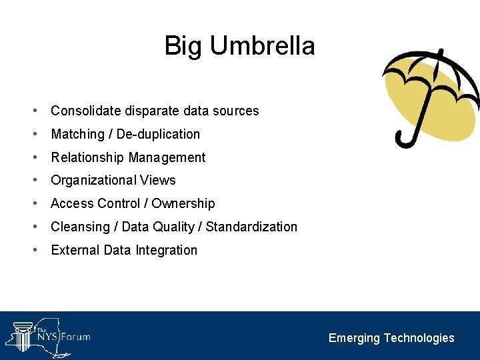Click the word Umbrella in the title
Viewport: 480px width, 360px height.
pyautogui.click(x=262, y=46)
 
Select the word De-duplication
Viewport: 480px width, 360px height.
pyautogui.click(x=158, y=134)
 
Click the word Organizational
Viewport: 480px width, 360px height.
pyautogui.click(x=93, y=180)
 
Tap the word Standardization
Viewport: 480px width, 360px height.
pyautogui.click(x=251, y=227)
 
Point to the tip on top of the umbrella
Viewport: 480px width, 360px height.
pyautogui.click(x=440, y=53)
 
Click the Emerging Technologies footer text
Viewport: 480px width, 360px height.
pyautogui.click(x=391, y=338)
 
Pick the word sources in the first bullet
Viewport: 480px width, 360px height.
pyautogui.click(x=236, y=111)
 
